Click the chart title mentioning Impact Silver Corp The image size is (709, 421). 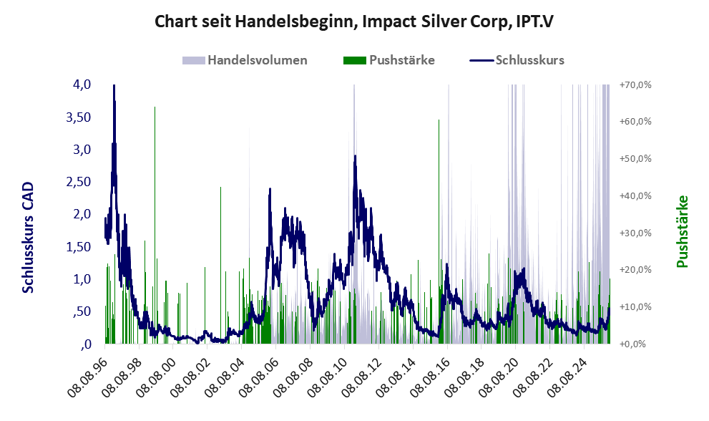click(354, 22)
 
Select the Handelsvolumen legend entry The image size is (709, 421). click(257, 60)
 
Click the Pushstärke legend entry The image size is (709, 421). click(401, 60)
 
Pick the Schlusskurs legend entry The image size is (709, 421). click(529, 60)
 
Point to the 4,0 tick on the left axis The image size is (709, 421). click(82, 84)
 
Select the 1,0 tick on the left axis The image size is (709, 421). click(82, 279)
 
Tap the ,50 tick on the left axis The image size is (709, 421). click(80, 311)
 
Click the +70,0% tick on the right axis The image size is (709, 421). click(635, 85)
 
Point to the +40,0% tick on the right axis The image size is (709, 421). click(635, 195)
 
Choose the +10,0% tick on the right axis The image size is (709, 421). click(635, 306)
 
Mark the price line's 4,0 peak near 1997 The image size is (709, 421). click(114, 87)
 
